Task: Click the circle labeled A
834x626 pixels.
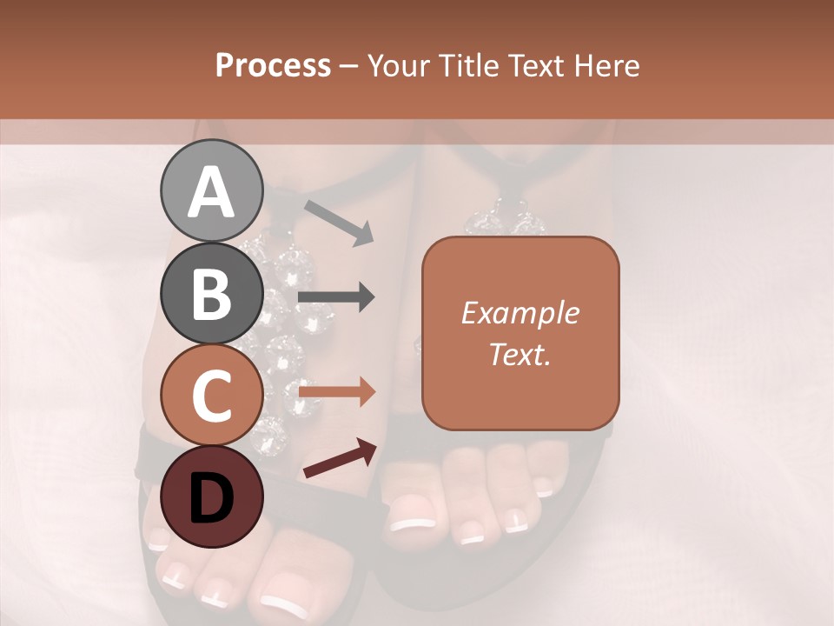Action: [211, 190]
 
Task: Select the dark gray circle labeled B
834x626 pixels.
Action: [211, 293]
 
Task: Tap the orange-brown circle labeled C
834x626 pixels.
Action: [211, 395]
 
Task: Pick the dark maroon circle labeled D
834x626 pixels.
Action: [211, 496]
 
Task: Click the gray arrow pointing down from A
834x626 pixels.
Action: [339, 222]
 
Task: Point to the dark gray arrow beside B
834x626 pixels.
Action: [336, 297]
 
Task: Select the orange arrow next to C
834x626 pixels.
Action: [337, 392]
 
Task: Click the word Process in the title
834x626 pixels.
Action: [273, 65]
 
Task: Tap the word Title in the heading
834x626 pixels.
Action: [467, 65]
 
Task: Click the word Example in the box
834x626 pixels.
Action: [520, 313]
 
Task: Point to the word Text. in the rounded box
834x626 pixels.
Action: [520, 354]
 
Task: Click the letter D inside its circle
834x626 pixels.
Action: [211, 498]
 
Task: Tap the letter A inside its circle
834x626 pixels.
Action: [211, 192]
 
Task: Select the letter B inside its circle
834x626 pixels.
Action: [211, 294]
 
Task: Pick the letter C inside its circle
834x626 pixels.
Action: [211, 396]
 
